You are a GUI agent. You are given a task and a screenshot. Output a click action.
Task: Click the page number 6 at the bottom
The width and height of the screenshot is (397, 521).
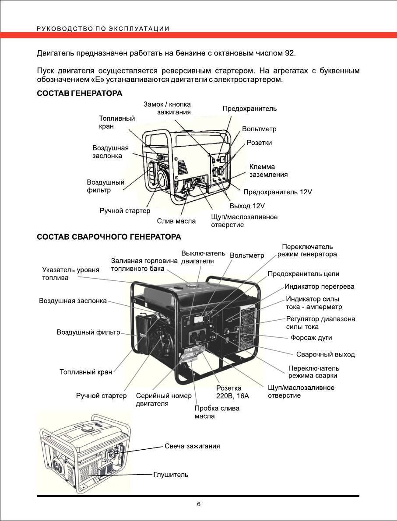(x=199, y=504)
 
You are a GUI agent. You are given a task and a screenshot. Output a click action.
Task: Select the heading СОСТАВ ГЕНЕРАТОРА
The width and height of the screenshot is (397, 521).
(x=79, y=94)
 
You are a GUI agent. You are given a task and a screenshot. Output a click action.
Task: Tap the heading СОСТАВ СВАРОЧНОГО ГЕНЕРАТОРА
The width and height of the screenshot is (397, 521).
(x=109, y=237)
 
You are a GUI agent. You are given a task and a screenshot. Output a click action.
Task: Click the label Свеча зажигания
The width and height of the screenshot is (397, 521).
(x=192, y=446)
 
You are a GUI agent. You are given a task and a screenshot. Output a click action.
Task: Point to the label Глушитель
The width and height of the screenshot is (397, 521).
(x=171, y=475)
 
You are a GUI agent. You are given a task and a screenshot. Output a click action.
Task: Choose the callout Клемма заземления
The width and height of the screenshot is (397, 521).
(x=268, y=171)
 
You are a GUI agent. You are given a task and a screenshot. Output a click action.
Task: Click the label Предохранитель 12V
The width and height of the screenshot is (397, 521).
(x=278, y=192)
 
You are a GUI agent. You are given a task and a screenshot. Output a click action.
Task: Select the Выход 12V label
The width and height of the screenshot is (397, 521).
(x=247, y=205)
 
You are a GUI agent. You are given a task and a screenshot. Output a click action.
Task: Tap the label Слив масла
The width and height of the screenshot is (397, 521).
(x=176, y=221)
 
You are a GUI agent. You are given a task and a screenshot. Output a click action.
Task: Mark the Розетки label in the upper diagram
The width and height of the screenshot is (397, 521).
(x=259, y=143)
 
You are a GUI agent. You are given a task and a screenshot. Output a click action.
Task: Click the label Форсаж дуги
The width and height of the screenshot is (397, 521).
(x=311, y=338)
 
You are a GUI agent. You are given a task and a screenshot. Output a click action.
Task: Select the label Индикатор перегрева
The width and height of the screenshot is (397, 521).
(x=320, y=287)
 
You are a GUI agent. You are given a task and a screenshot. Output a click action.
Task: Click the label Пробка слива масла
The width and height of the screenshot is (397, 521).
(x=217, y=412)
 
